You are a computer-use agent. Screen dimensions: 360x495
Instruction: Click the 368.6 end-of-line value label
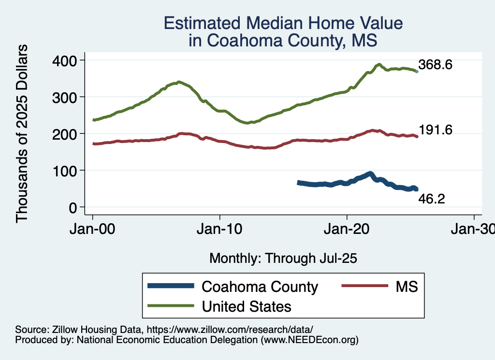pyautogui.click(x=435, y=65)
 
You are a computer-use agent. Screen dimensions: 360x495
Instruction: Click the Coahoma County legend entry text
pyautogui.click(x=260, y=287)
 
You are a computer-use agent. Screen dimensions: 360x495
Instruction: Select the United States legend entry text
pyautogui.click(x=246, y=306)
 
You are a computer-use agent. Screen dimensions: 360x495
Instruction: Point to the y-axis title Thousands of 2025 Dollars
pyautogui.click(x=22, y=133)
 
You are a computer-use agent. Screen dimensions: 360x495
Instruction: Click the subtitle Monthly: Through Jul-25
pyautogui.click(x=283, y=258)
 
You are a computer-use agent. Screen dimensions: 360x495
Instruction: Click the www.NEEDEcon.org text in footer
pyautogui.click(x=309, y=340)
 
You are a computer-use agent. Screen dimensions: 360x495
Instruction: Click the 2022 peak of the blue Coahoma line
pyautogui.click(x=370, y=173)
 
